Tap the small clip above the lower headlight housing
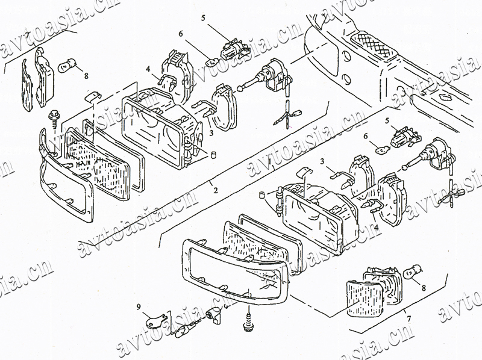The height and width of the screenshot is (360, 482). tap(305, 173)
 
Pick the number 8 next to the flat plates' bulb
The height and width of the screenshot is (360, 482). tap(86, 76)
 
